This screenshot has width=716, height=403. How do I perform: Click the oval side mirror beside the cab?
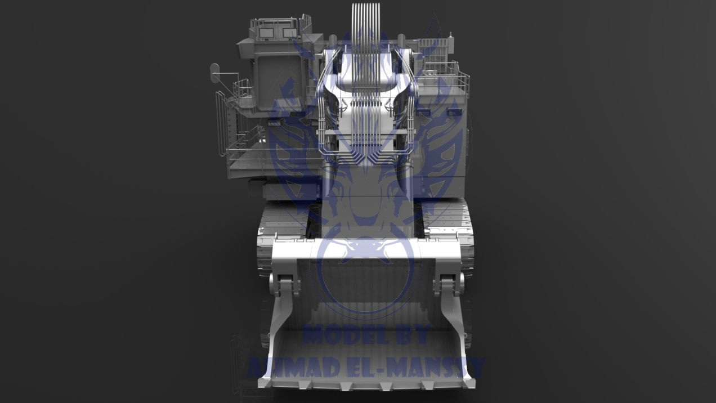click(214, 69)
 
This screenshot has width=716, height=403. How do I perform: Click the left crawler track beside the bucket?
click(265, 253)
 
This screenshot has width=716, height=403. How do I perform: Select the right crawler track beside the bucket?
click(467, 253)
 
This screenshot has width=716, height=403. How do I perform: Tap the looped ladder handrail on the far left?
click(220, 121)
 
